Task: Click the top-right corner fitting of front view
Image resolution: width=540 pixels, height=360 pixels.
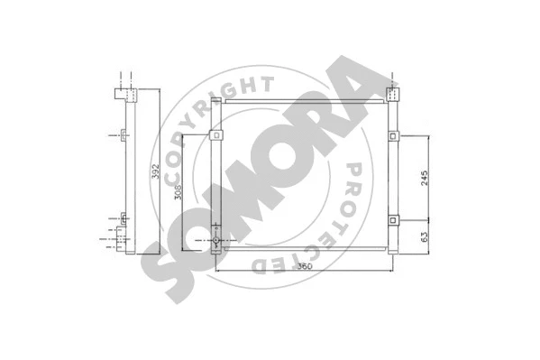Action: point(392,93)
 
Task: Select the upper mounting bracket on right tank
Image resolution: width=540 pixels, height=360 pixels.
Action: point(394,136)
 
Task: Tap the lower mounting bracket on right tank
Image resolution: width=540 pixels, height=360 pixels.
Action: point(394,219)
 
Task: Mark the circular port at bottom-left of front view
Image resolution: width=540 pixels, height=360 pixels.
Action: point(216,241)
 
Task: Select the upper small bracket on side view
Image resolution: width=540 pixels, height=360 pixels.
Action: point(123,136)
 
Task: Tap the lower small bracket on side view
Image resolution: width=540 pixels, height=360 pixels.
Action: point(123,217)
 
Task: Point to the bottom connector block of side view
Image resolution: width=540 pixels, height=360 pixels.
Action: point(121,241)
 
